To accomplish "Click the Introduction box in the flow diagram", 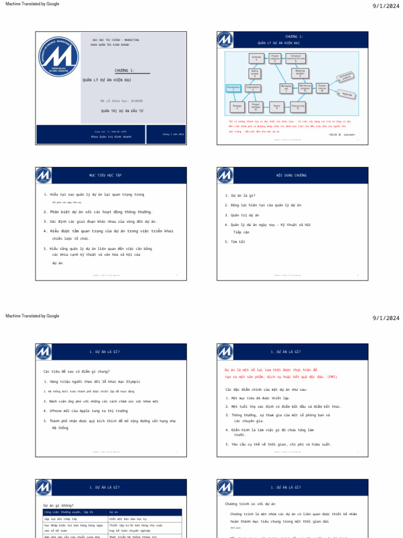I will (x=234, y=88).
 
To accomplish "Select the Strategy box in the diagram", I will (x=237, y=107).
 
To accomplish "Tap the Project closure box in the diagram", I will (x=322, y=88).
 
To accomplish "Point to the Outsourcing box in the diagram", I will (x=298, y=107).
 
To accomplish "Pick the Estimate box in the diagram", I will (x=256, y=58).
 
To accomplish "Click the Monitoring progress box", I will (x=305, y=88).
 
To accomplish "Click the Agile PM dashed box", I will (x=346, y=95).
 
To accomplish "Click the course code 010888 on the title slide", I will (x=121, y=100).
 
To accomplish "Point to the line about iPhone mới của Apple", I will (x=86, y=411).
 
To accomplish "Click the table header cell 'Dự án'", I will (x=114, y=512).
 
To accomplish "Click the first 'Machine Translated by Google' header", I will (x=32, y=4).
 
